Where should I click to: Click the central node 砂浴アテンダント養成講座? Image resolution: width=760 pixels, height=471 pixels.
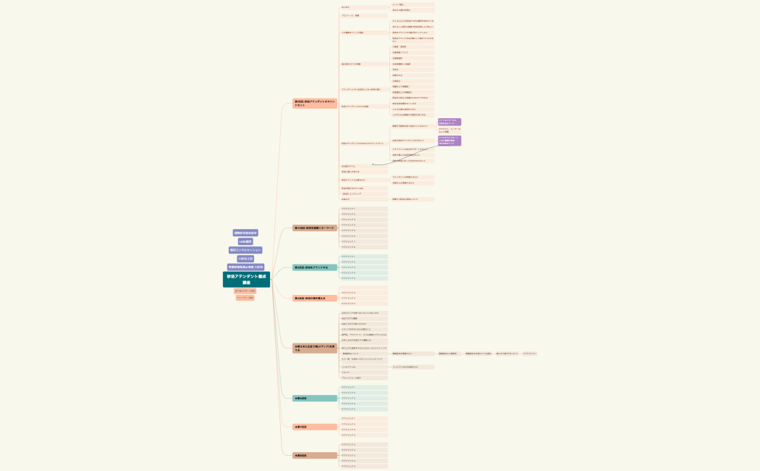(x=246, y=279)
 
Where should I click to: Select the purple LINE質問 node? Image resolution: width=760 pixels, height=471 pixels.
(x=245, y=241)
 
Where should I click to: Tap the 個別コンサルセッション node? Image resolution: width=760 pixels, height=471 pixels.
(x=245, y=250)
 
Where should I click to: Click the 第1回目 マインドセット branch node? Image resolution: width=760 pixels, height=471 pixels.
(x=315, y=104)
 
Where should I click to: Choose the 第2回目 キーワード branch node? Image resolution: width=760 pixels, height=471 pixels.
(x=315, y=228)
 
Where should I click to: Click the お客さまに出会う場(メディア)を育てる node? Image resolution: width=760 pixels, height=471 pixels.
(x=315, y=349)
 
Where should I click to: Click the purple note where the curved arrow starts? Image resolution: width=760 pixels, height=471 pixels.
(x=449, y=141)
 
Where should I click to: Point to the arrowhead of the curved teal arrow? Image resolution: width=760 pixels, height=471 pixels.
(x=373, y=164)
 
